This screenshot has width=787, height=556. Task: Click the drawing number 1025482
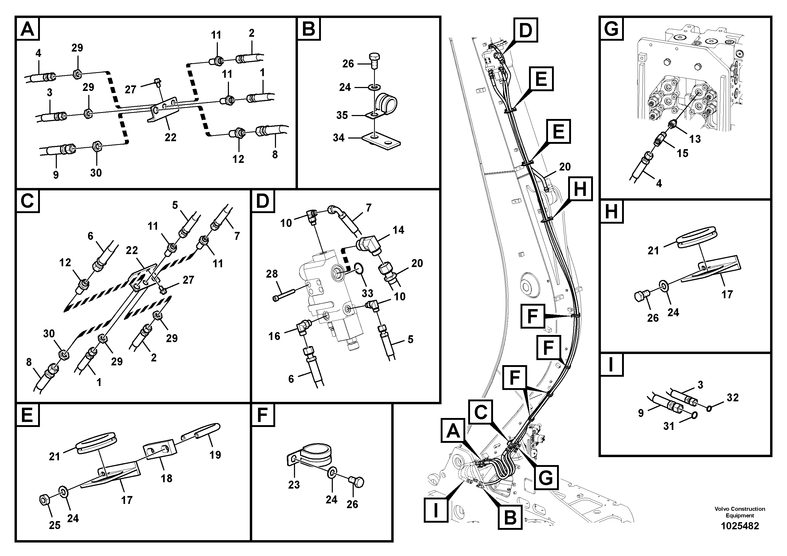coord(740,526)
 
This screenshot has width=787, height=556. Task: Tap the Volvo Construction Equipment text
coord(740,512)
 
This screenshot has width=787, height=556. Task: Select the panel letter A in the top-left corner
coord(27,29)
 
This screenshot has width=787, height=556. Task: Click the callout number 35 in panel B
coord(342,115)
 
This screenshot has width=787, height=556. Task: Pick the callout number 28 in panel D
coord(272,274)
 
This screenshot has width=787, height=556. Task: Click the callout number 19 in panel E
coord(215,455)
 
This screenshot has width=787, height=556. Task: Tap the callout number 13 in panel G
coord(695,139)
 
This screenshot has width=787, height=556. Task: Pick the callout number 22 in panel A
coord(170,137)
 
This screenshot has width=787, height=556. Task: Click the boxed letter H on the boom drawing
coord(580,189)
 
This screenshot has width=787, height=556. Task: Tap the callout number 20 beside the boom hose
coord(565,167)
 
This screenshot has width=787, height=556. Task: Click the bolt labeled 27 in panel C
coord(163,291)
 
